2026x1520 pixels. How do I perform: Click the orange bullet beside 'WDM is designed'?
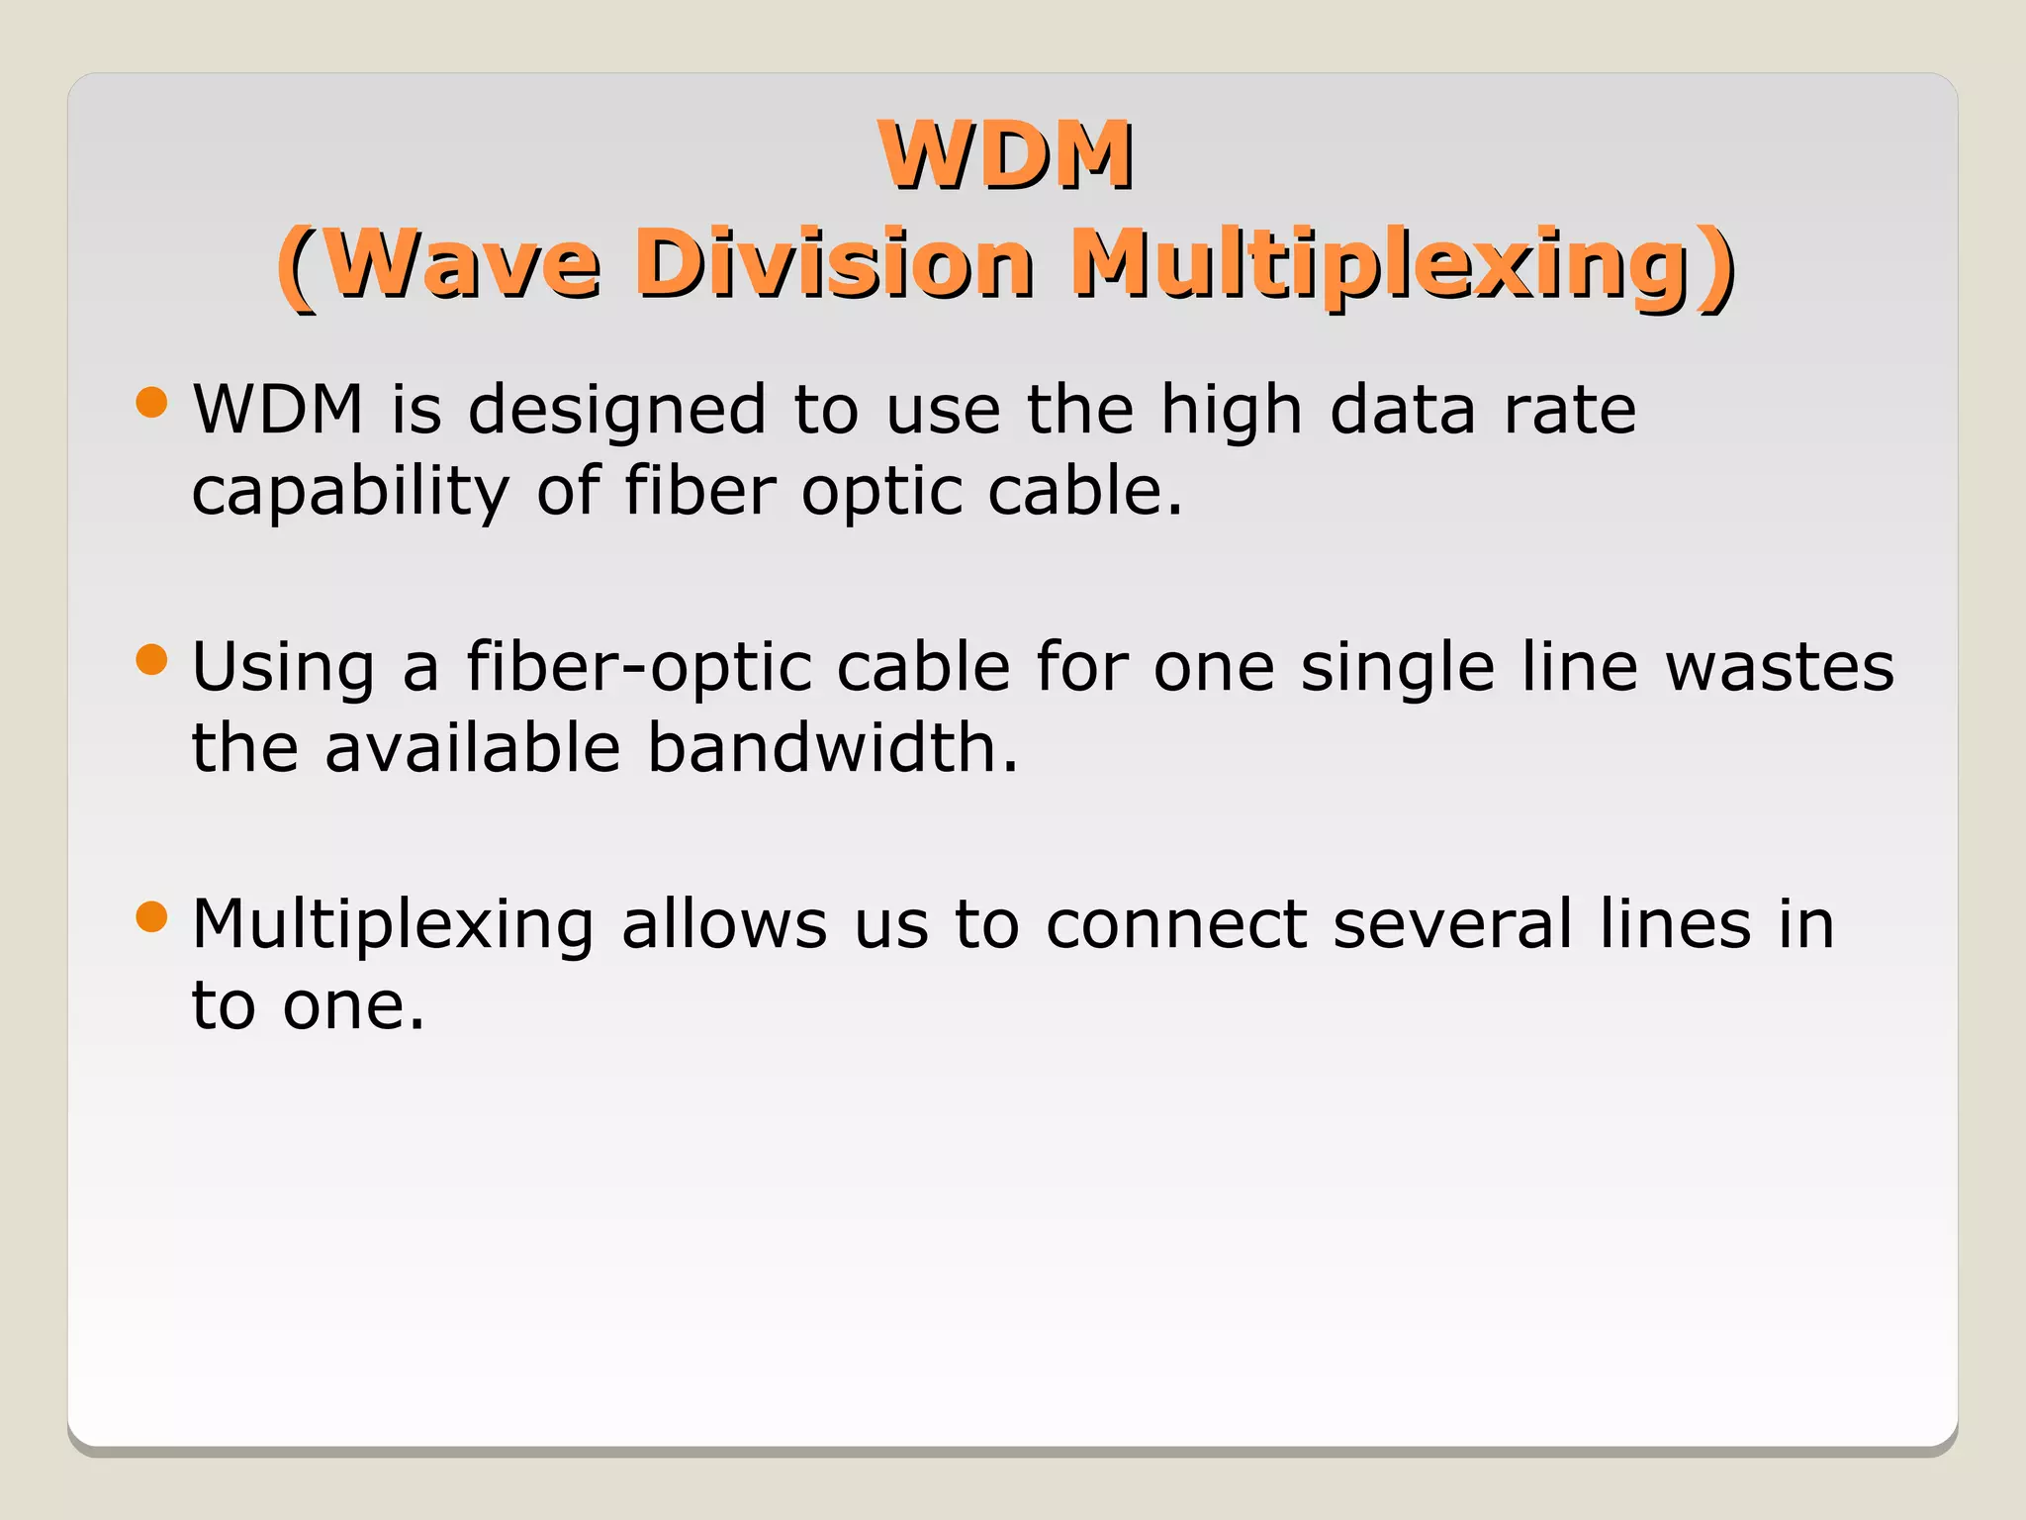[x=151, y=402]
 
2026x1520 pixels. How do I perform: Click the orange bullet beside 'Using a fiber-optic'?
[x=151, y=659]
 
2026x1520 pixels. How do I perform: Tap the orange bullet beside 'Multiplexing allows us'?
[x=151, y=916]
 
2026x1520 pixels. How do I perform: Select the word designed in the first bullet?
[x=617, y=411]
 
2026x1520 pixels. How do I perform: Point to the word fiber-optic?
[x=639, y=668]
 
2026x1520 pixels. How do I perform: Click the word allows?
[x=724, y=924]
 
